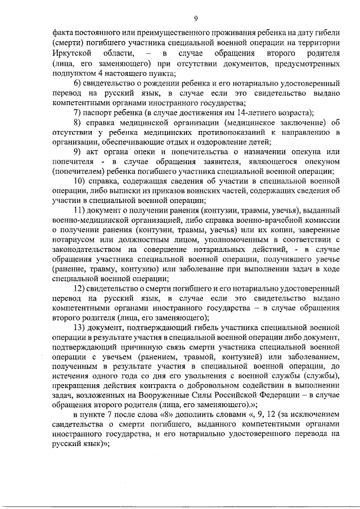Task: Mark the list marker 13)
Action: tap(80, 327)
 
